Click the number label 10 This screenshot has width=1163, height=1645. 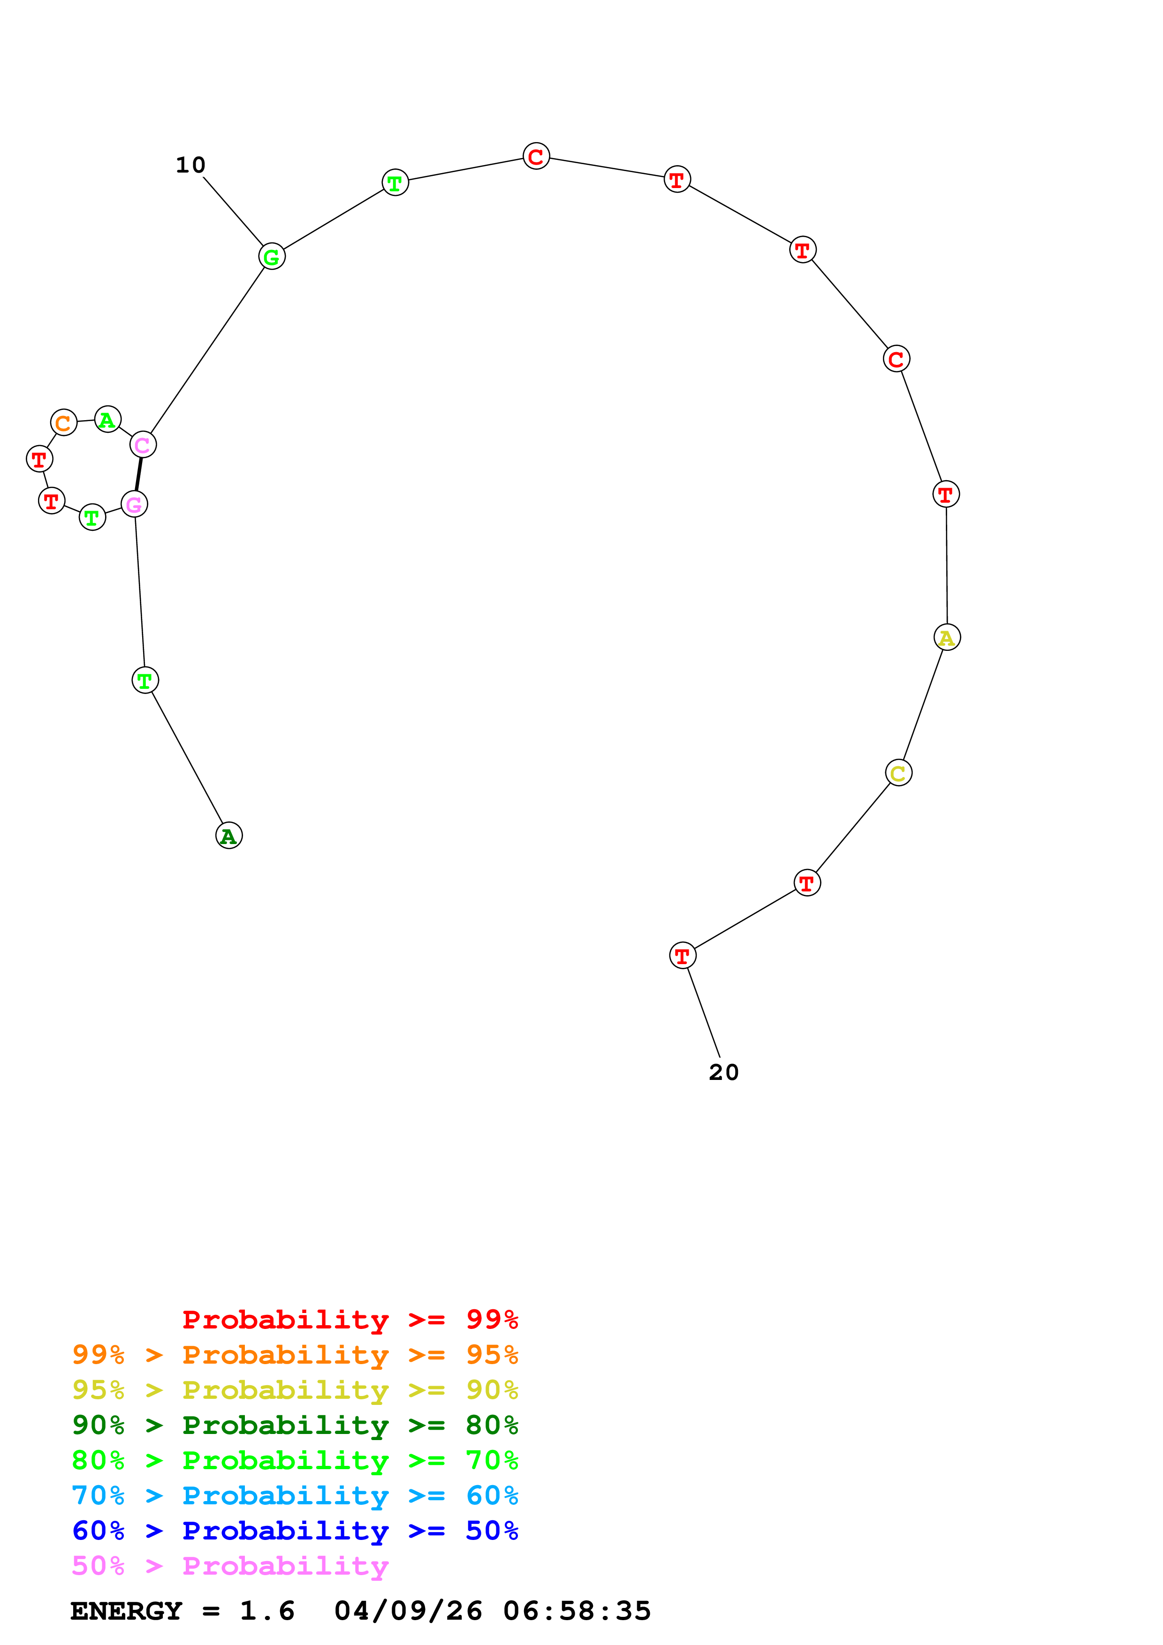pyautogui.click(x=190, y=166)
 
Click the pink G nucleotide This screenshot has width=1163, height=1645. pyautogui.click(x=134, y=505)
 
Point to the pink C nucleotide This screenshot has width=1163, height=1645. pyautogui.click(x=143, y=445)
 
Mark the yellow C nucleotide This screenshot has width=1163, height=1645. pyautogui.click(x=898, y=773)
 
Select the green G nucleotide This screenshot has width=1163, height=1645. pyautogui.click(x=272, y=257)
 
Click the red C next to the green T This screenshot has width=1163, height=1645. pyautogui.click(x=536, y=156)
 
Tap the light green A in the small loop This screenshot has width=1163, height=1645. pyautogui.click(x=107, y=419)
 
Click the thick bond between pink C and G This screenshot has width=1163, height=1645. pyautogui.click(x=138, y=474)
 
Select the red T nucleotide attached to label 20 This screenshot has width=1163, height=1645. pyautogui.click(x=682, y=956)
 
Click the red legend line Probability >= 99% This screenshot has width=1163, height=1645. pyautogui.click(x=350, y=1320)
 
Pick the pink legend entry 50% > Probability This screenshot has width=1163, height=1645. pyautogui.click(x=230, y=1566)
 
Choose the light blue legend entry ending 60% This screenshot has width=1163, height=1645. pyautogui.click(x=295, y=1496)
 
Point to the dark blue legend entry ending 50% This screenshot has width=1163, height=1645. pyautogui.click(x=295, y=1531)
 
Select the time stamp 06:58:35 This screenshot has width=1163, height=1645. pyautogui.click(x=577, y=1611)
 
